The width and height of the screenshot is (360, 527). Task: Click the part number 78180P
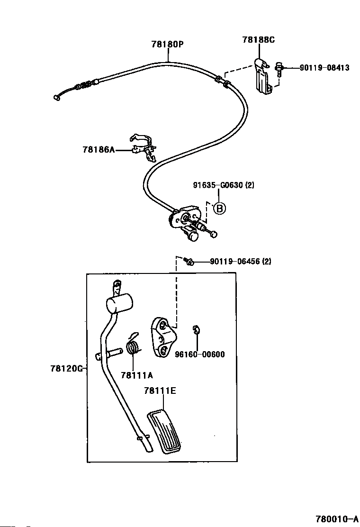click(x=168, y=44)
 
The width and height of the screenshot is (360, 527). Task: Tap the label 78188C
click(x=259, y=40)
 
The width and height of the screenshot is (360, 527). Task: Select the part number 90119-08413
click(x=324, y=68)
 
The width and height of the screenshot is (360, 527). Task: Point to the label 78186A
click(x=99, y=149)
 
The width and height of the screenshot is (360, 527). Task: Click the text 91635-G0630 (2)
click(x=224, y=185)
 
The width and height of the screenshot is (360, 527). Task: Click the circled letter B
click(x=219, y=209)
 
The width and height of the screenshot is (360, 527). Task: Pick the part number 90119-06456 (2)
click(x=241, y=261)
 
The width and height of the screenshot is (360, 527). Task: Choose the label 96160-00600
click(x=200, y=354)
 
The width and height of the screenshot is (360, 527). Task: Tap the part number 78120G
click(x=66, y=368)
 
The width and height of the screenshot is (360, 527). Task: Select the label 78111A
click(x=137, y=375)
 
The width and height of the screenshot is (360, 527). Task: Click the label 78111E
click(x=160, y=391)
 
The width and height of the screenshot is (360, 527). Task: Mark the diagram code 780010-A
click(x=336, y=519)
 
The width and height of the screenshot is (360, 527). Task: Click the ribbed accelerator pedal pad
click(x=164, y=432)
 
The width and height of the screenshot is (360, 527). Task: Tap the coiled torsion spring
click(x=133, y=344)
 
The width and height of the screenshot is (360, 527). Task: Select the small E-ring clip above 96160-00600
click(x=197, y=330)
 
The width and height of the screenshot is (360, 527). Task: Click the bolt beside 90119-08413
click(x=279, y=69)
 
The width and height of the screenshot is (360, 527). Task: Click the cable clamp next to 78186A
click(x=144, y=146)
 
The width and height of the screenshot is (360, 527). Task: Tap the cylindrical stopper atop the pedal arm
click(x=119, y=302)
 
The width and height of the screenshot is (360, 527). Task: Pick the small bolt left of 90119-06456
click(x=189, y=261)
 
